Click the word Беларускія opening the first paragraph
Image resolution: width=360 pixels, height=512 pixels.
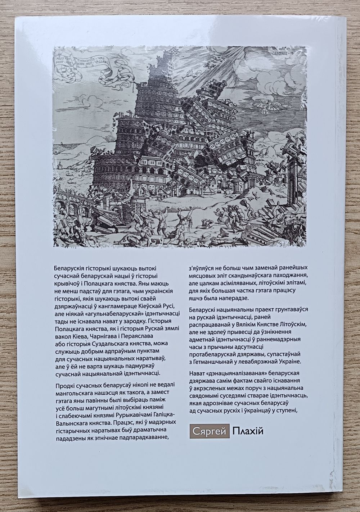pyautogui.click(x=68, y=268)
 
